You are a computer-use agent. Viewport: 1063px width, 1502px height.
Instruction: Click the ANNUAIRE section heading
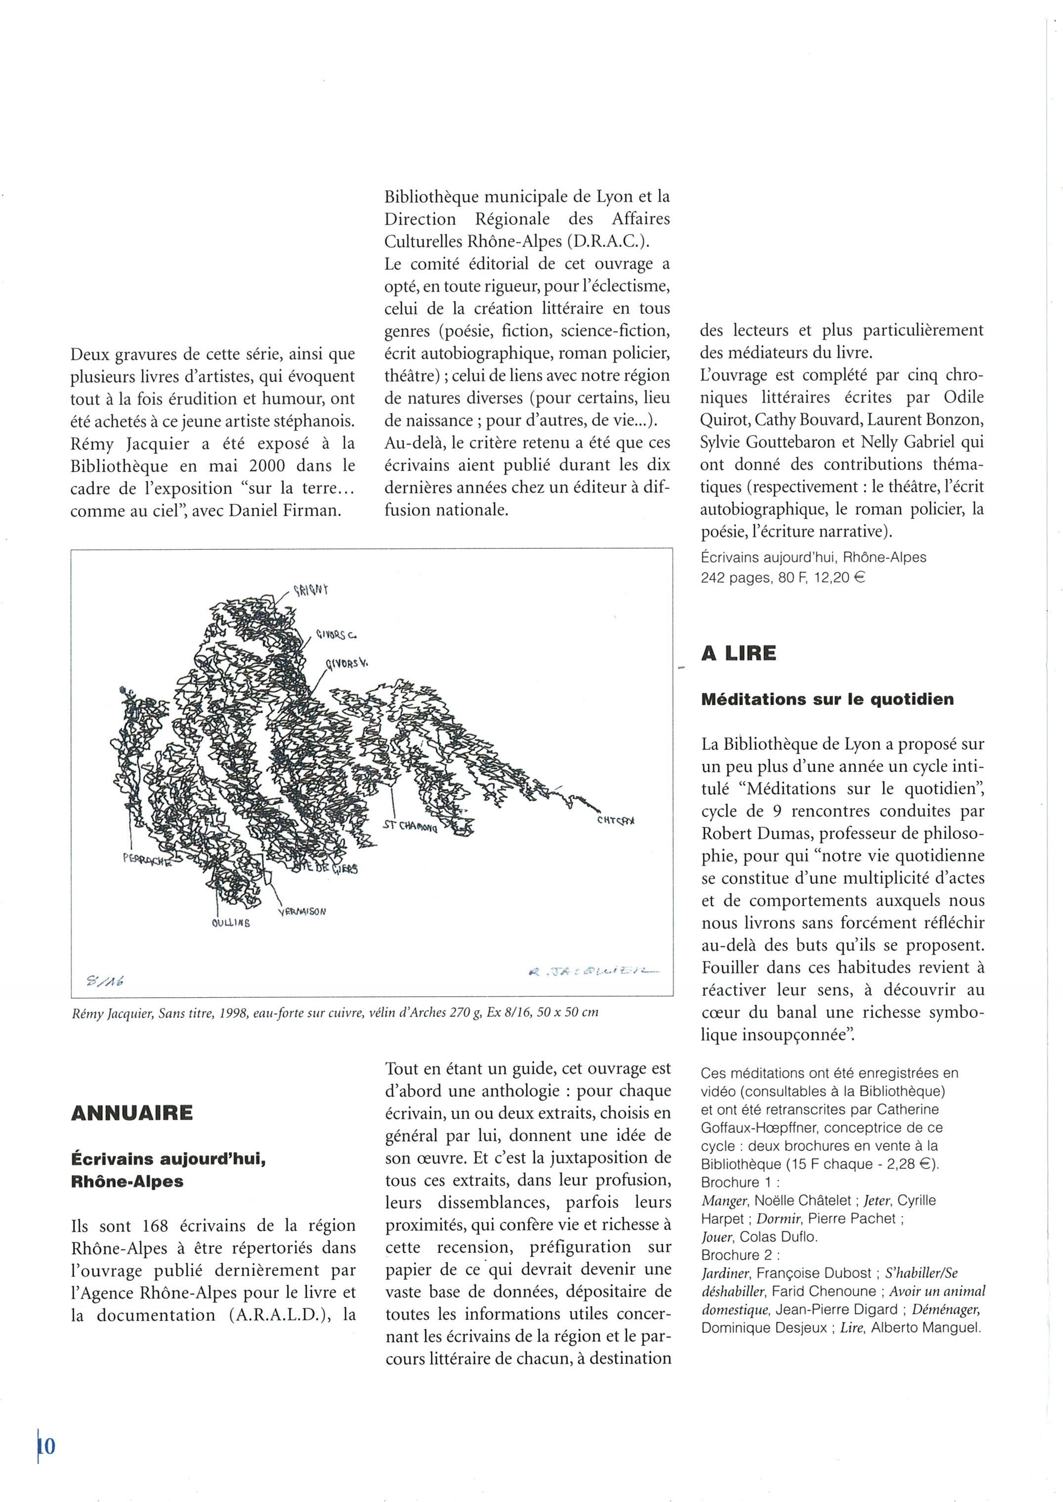click(x=132, y=1113)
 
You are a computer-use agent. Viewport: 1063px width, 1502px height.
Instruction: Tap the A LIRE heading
click(x=739, y=653)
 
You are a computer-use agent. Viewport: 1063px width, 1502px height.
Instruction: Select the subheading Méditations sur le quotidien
click(x=828, y=699)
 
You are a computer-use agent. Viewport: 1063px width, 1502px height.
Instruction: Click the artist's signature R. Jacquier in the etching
click(x=594, y=972)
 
